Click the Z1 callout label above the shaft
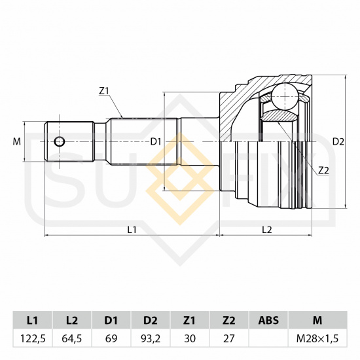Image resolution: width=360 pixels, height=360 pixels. point(103,91)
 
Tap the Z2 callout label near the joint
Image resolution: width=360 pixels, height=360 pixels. point(324,170)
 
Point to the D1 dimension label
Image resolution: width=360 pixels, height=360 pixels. point(156,141)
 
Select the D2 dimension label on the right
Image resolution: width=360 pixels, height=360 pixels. point(338,142)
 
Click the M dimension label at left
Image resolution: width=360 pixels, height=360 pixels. point(17,141)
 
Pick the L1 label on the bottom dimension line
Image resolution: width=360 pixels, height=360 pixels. point(132,229)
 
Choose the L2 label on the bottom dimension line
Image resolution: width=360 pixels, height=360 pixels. point(267,229)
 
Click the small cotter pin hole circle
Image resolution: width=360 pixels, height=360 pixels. point(60,141)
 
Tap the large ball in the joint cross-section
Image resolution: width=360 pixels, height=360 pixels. point(285,97)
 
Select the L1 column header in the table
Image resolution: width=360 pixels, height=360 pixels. point(32,320)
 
